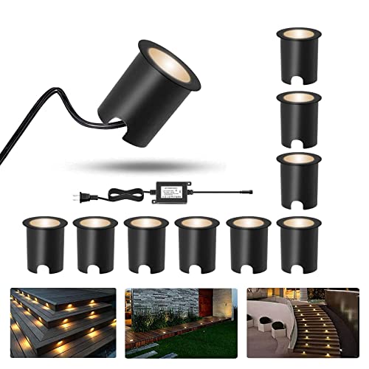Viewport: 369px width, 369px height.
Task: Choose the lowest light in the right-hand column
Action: [x=299, y=179]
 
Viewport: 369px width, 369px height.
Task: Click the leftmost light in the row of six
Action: [x=45, y=244]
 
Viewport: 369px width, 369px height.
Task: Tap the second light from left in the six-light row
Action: [x=96, y=244]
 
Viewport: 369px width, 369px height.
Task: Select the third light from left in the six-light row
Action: [x=146, y=244]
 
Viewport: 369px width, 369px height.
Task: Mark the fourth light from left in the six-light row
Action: [x=197, y=244]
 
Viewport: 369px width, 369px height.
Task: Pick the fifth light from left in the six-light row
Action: [x=248, y=244]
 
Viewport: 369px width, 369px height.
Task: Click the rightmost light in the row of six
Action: [x=298, y=244]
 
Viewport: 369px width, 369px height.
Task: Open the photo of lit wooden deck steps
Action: [x=63, y=323]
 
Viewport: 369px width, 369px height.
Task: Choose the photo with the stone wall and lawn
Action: [x=181, y=323]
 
